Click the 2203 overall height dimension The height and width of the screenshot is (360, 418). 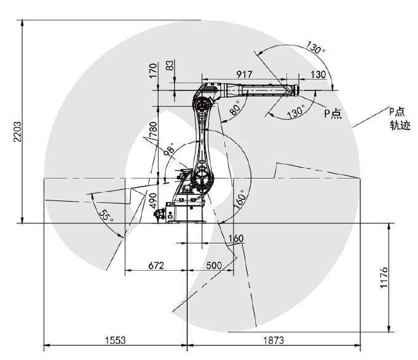[x=17, y=132]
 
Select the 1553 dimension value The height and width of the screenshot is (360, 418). [x=115, y=340]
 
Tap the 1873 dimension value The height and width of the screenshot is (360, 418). [x=274, y=340]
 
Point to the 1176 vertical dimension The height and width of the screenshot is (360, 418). [x=384, y=277]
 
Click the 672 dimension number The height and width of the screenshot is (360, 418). [x=156, y=265]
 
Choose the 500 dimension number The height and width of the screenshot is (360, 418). [x=214, y=265]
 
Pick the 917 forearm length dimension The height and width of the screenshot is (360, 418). [x=244, y=74]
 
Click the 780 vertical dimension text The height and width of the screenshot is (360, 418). [x=153, y=129]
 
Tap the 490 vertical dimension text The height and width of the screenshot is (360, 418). [x=152, y=201]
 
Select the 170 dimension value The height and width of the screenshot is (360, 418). [x=152, y=70]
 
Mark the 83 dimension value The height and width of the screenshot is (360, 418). [x=170, y=65]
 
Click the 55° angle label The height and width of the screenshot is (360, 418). [x=106, y=215]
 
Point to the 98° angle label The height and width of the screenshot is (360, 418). [x=170, y=149]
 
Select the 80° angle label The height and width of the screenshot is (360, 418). [x=235, y=107]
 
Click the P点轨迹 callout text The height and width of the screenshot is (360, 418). [x=399, y=119]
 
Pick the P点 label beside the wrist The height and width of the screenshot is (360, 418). [x=333, y=113]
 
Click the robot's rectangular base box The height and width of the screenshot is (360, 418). [x=185, y=212]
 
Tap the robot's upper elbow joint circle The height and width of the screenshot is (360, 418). [x=202, y=106]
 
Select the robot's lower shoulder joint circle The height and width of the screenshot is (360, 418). [x=202, y=178]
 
